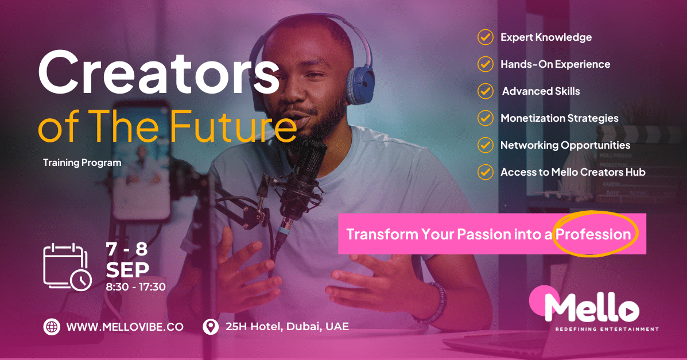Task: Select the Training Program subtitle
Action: pyautogui.click(x=82, y=162)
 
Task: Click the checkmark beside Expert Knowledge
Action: pyautogui.click(x=486, y=37)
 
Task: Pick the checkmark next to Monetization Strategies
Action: pyautogui.click(x=486, y=118)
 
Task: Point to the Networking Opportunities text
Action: pyautogui.click(x=565, y=145)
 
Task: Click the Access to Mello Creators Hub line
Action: pyautogui.click(x=573, y=172)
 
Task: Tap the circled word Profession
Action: pyautogui.click(x=593, y=234)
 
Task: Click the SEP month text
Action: pyautogui.click(x=127, y=269)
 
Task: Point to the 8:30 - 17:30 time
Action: pyautogui.click(x=136, y=287)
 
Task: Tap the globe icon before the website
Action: pyautogui.click(x=52, y=327)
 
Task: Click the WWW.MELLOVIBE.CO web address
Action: pyautogui.click(x=125, y=327)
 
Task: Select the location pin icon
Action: pyautogui.click(x=211, y=327)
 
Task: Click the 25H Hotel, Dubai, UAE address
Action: pyautogui.click(x=287, y=327)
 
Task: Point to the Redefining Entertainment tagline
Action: pyautogui.click(x=607, y=330)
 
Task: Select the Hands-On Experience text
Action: pyautogui.click(x=555, y=64)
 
